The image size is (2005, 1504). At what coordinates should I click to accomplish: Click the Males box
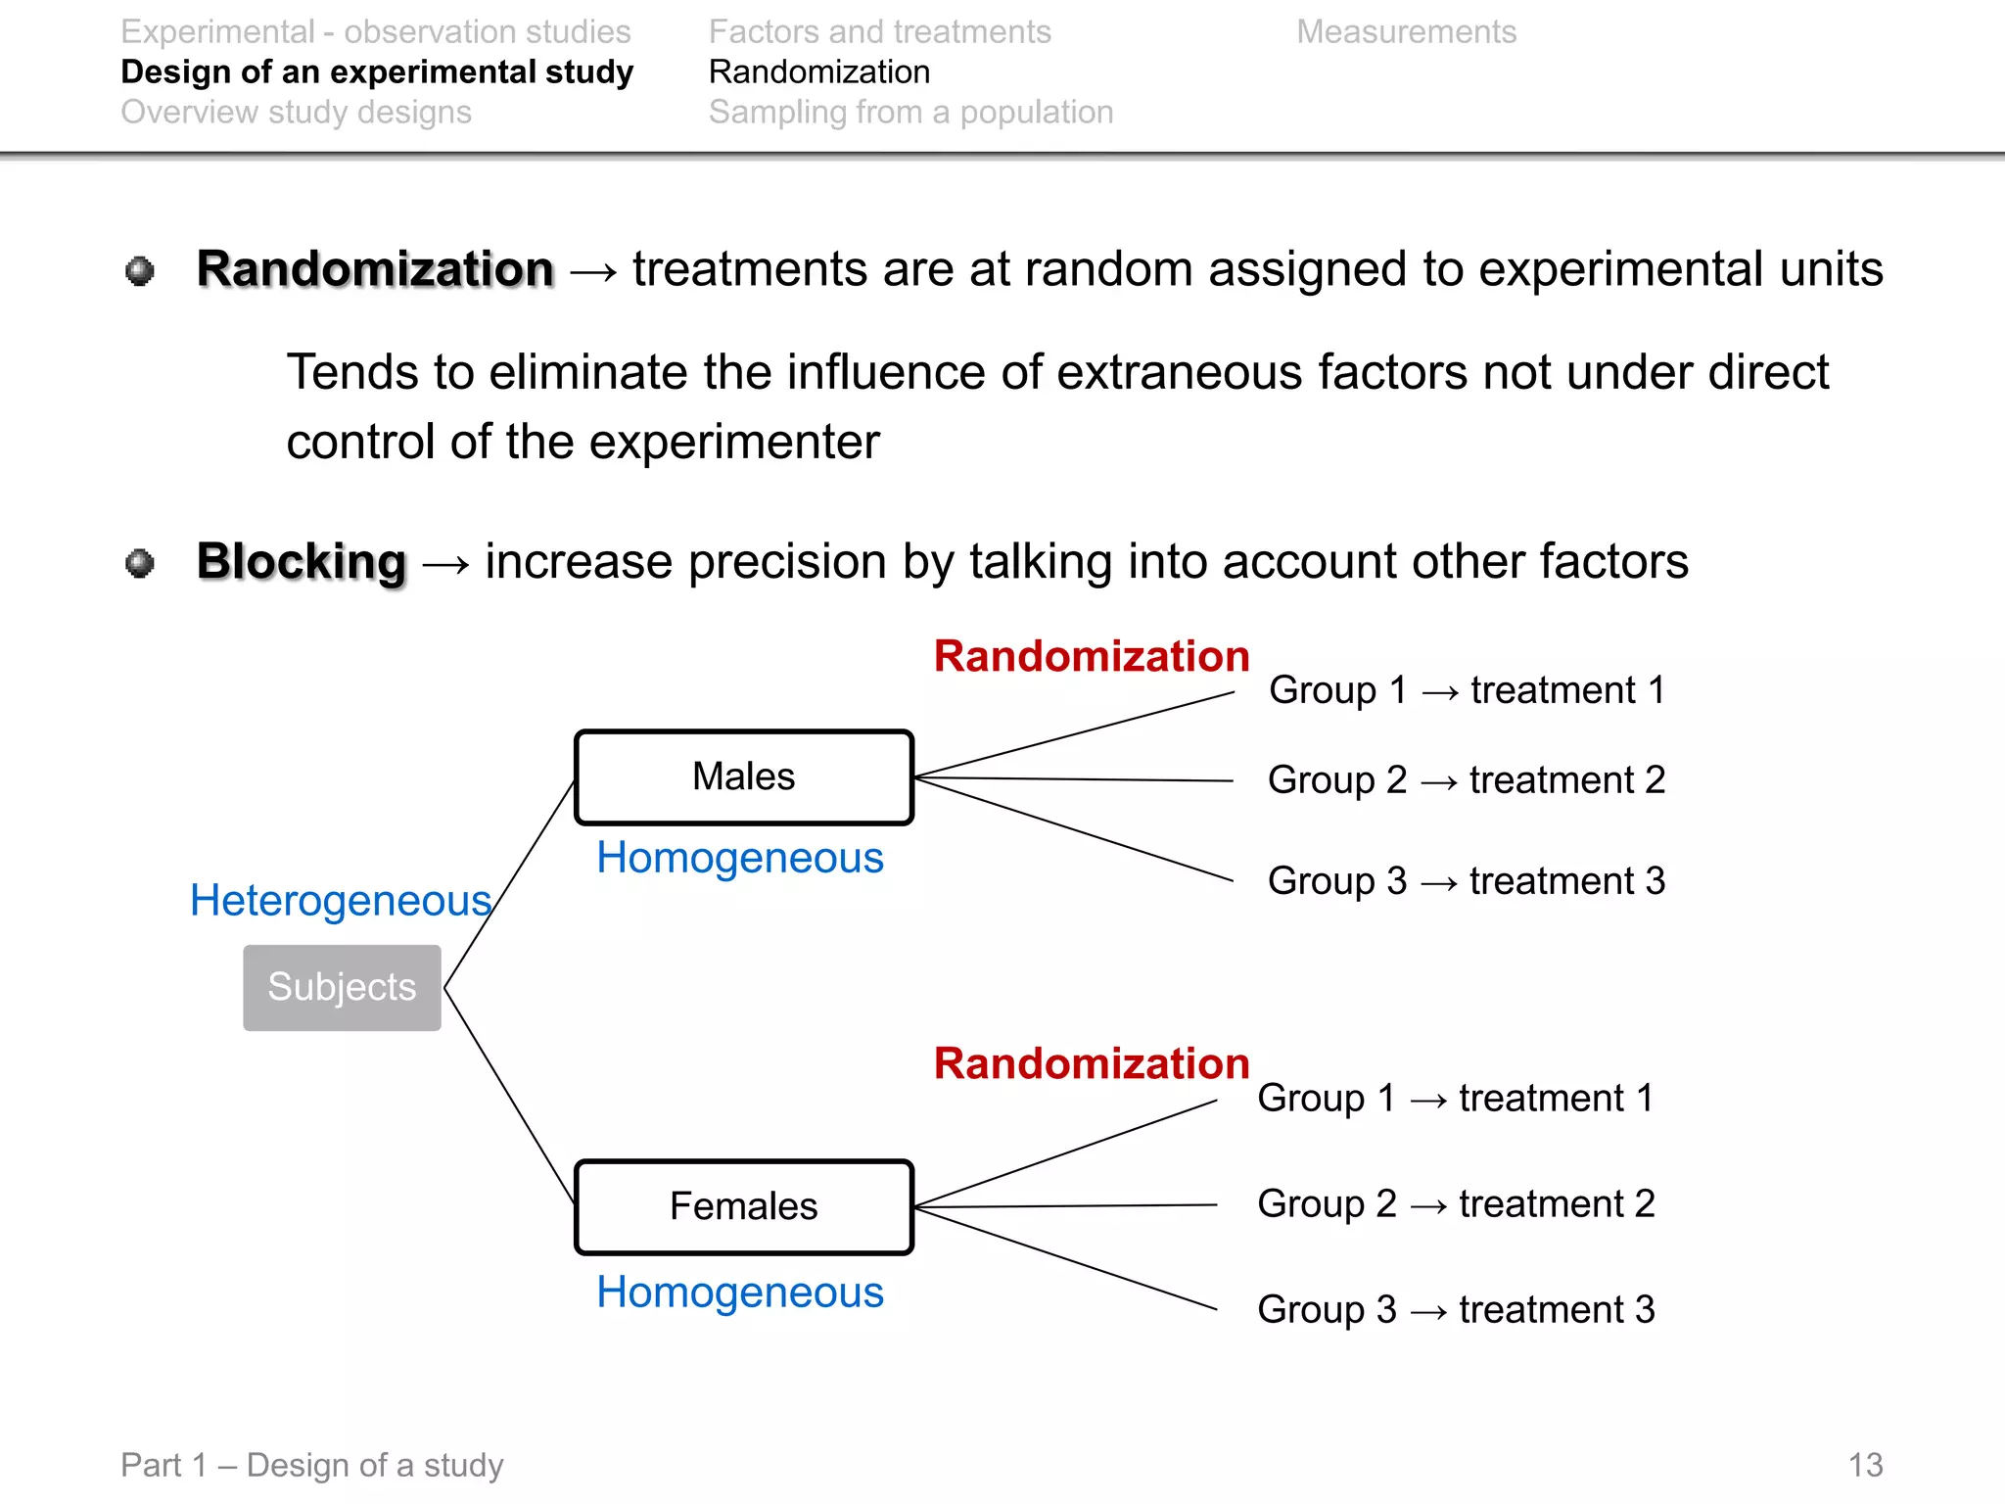(744, 777)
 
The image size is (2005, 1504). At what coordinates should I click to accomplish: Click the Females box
(744, 1206)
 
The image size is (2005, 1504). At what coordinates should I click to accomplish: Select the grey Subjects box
(342, 987)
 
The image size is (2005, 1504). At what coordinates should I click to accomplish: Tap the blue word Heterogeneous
(340, 901)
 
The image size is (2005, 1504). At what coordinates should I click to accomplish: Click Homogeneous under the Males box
(740, 859)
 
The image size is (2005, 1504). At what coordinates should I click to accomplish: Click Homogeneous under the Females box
(740, 1292)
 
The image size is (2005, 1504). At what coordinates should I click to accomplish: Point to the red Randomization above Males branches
(1091, 656)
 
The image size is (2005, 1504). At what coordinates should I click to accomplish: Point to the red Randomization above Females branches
(1091, 1063)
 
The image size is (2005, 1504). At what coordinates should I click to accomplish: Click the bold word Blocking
(301, 562)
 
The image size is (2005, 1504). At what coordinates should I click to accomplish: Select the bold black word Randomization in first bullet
(375, 269)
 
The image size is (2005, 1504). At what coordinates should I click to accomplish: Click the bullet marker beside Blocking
(140, 563)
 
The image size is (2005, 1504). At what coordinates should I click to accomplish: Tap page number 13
(1865, 1465)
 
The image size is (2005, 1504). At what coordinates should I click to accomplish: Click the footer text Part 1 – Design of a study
(311, 1465)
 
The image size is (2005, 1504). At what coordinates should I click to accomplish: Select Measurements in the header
(1406, 32)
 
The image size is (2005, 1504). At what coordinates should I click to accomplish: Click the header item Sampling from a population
(910, 113)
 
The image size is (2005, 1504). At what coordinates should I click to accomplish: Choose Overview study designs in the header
(296, 113)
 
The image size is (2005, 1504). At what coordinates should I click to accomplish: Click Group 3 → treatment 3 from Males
(1466, 881)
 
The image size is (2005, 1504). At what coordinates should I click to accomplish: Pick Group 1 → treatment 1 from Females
(1456, 1099)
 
